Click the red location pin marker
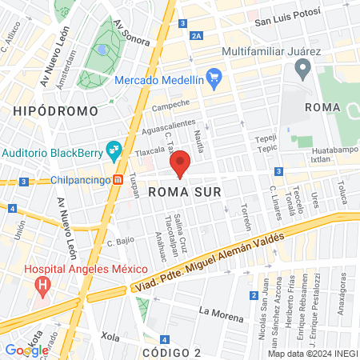[x=181, y=164]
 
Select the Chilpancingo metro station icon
[x=118, y=180]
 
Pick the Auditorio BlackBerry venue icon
[x=114, y=149]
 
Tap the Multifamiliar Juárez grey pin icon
[x=302, y=70]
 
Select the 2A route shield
[x=197, y=36]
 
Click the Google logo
[x=26, y=350]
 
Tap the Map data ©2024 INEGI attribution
[x=312, y=354]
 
